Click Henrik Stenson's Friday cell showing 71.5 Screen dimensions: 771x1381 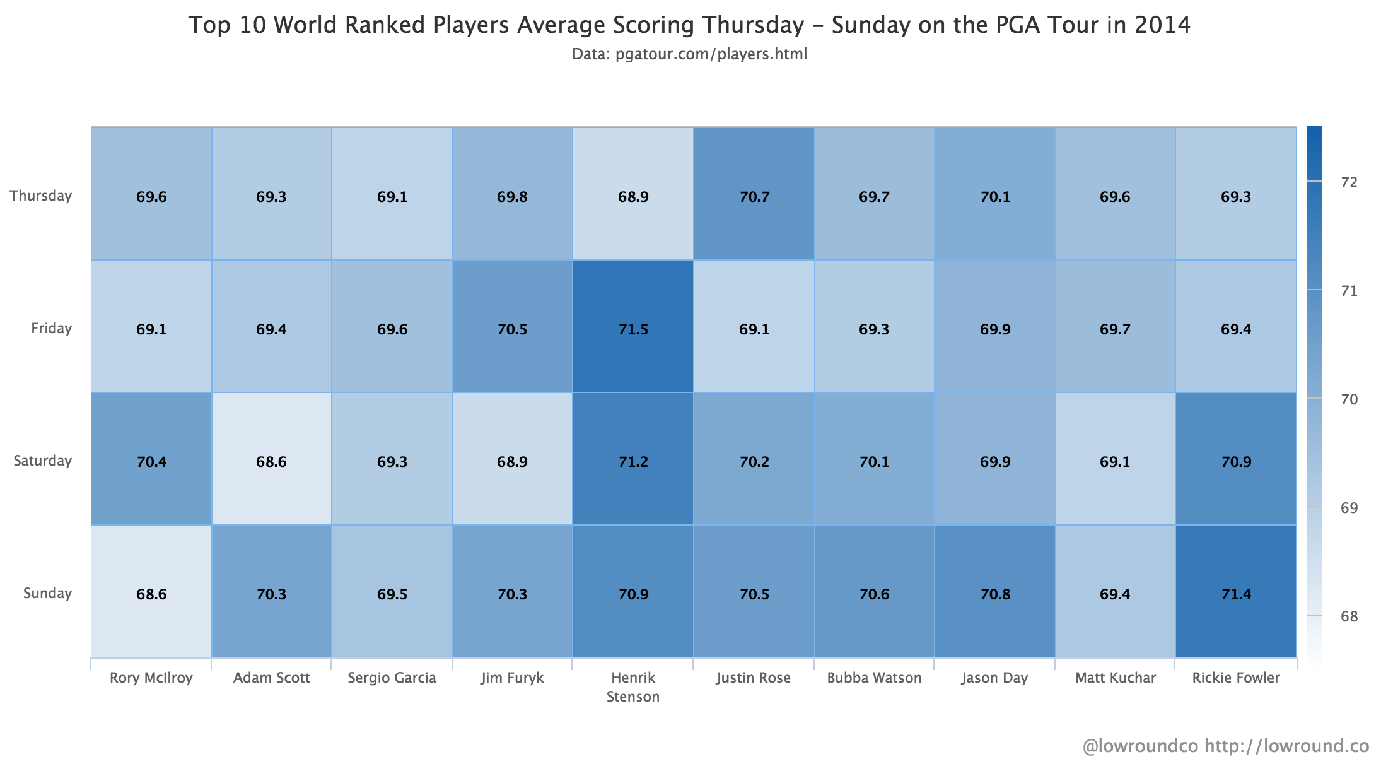pyautogui.click(x=633, y=329)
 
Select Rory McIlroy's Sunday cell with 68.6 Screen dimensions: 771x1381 pyautogui.click(x=151, y=594)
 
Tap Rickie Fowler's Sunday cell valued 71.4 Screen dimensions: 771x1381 pyautogui.click(x=1236, y=594)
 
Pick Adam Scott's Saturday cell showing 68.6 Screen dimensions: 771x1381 pyautogui.click(x=271, y=461)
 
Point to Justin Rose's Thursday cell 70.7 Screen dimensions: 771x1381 pyautogui.click(x=754, y=196)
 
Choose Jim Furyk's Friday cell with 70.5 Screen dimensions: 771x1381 pyautogui.click(x=512, y=329)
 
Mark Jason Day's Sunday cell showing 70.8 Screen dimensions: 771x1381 pyautogui.click(x=995, y=594)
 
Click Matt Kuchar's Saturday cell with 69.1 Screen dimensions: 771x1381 pyautogui.click(x=1115, y=461)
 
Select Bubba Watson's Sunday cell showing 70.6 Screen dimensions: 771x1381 pyautogui.click(x=874, y=594)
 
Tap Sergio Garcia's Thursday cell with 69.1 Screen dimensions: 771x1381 pyautogui.click(x=392, y=196)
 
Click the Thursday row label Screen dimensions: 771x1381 pyautogui.click(x=41, y=196)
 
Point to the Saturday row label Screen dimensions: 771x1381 pyautogui.click(x=43, y=461)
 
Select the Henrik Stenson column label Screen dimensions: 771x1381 pyautogui.click(x=633, y=686)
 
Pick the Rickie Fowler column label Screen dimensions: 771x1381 pyautogui.click(x=1236, y=678)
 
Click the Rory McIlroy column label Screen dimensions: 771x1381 pyautogui.click(x=151, y=678)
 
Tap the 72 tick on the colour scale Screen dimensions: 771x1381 pyautogui.click(x=1349, y=182)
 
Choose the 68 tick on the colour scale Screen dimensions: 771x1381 pyautogui.click(x=1349, y=616)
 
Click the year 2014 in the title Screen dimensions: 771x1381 pyautogui.click(x=1162, y=25)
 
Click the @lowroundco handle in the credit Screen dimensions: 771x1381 pyautogui.click(x=1139, y=746)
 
